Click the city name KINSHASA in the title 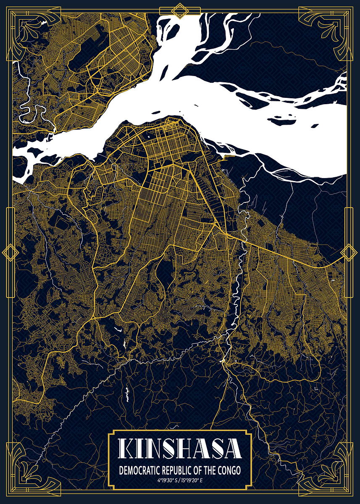[180, 449]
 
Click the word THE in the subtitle [210, 470]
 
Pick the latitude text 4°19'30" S [168, 480]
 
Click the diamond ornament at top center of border [180, 10]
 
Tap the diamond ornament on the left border [10, 252]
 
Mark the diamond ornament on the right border [349, 252]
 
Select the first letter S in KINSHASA [170, 449]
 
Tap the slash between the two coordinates [180, 480]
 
